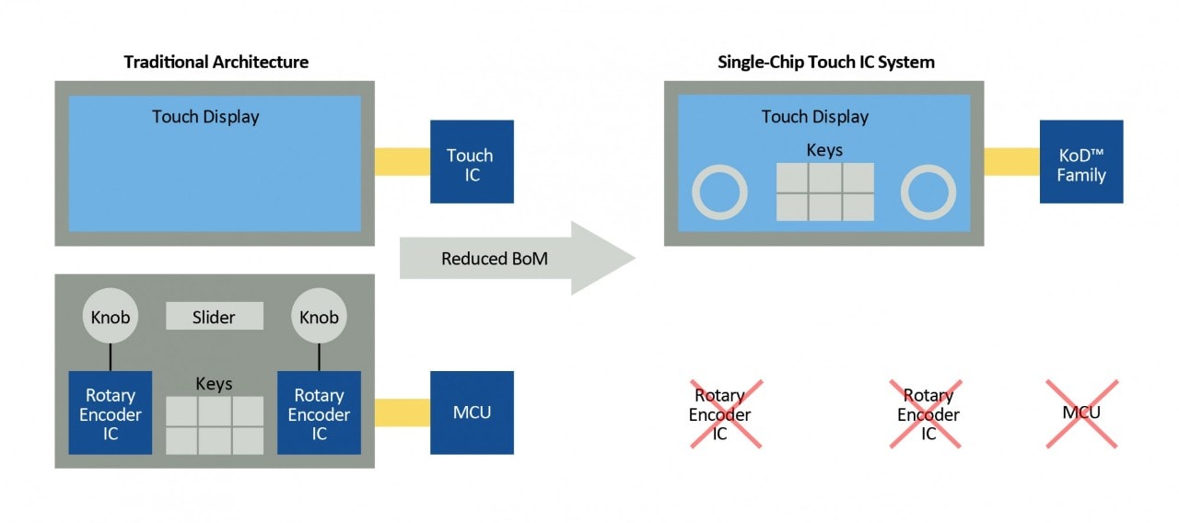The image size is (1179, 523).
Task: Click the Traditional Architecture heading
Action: point(216,63)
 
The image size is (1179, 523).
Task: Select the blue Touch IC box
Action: point(472,162)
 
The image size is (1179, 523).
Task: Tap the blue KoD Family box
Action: point(1081,162)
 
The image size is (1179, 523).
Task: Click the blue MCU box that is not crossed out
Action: point(472,413)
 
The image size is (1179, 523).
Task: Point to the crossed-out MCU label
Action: point(1081,413)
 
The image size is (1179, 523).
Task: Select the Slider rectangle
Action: point(215,317)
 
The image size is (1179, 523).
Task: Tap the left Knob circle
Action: point(111,317)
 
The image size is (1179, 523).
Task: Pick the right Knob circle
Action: point(319,317)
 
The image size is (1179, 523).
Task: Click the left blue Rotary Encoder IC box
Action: point(111,413)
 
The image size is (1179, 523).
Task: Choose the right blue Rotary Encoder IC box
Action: point(319,413)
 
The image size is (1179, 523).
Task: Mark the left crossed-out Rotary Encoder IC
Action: point(720,413)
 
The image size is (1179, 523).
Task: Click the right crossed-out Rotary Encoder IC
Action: point(928,413)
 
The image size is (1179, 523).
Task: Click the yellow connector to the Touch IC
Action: point(403,162)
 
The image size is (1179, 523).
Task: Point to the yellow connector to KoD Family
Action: point(1011,162)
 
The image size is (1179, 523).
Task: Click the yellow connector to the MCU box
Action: point(403,413)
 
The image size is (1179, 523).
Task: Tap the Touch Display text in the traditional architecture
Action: point(205,117)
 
